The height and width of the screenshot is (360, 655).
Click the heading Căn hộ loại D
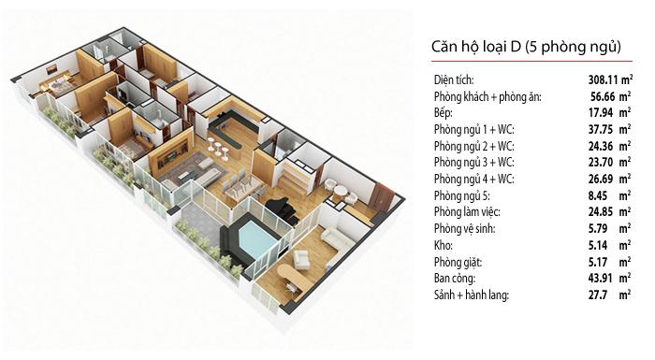coord(476,47)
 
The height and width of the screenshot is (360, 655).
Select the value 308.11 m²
coord(610,79)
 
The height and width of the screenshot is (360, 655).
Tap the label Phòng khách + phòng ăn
coord(488,97)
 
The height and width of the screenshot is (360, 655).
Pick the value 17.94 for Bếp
coord(601,113)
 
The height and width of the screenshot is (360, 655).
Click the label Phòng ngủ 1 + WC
coord(474,129)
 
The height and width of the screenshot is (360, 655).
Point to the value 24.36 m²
coord(610,146)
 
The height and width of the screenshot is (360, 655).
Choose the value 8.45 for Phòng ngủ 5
coord(598,195)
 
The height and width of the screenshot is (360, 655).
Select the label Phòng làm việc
coord(467,211)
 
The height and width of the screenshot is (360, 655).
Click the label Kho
coord(444,245)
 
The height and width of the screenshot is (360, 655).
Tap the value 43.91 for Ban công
coord(601,278)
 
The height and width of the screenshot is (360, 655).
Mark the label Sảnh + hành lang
coord(472,295)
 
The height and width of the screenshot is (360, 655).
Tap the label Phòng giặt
coord(458,262)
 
